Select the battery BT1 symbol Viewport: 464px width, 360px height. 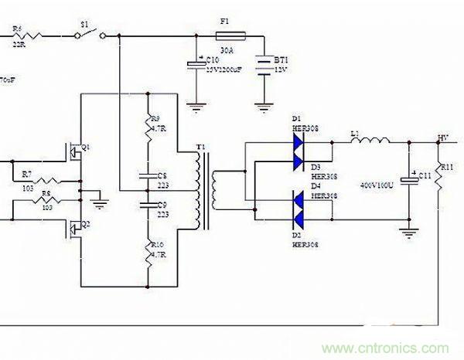coord(265,64)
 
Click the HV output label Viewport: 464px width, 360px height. coord(443,138)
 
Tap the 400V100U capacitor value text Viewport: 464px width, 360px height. coord(378,186)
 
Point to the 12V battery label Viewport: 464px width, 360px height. coord(282,70)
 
